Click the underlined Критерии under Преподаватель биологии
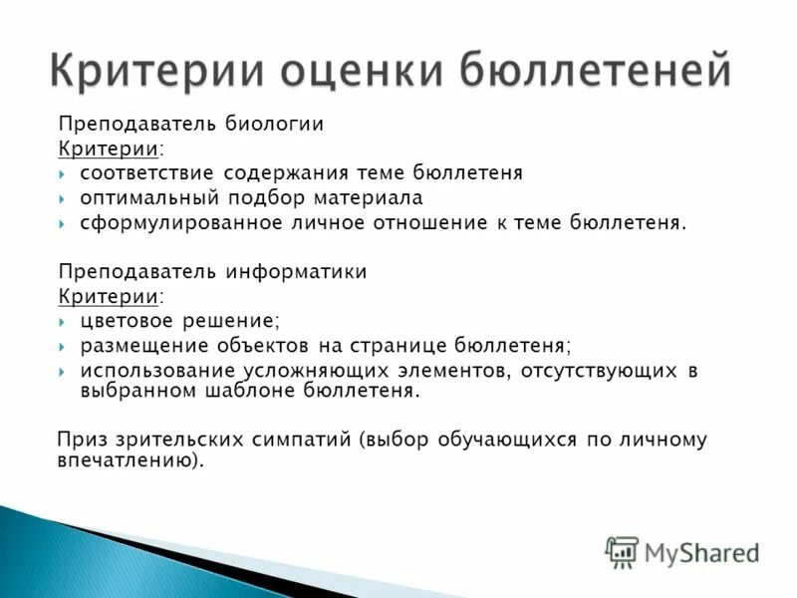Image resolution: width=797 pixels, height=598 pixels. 109,149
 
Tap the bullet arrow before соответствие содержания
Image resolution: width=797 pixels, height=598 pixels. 63,173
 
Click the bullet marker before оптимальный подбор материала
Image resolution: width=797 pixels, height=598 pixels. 63,198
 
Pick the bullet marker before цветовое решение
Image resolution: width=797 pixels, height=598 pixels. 63,321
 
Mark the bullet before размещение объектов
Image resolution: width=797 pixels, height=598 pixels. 63,346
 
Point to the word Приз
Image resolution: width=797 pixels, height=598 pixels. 83,440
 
